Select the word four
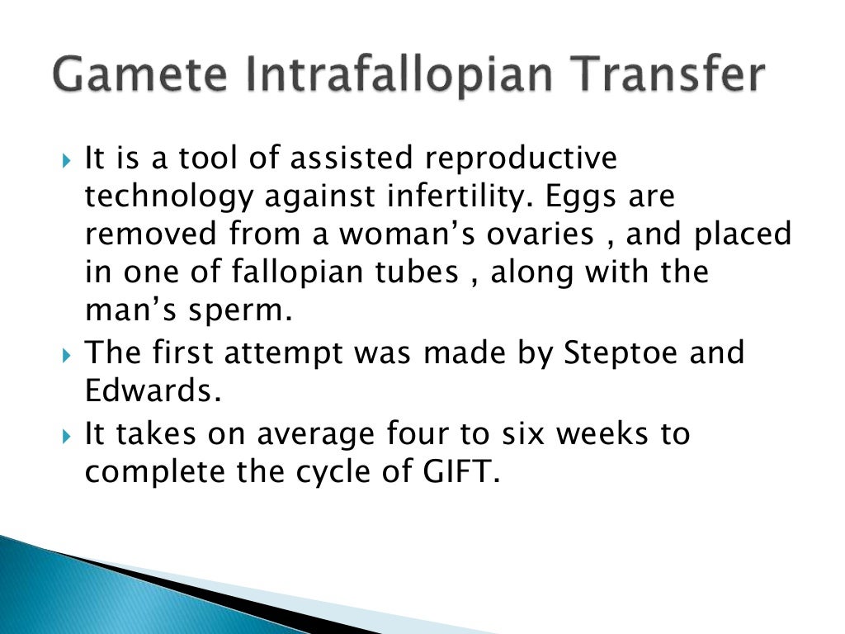click(x=416, y=433)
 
